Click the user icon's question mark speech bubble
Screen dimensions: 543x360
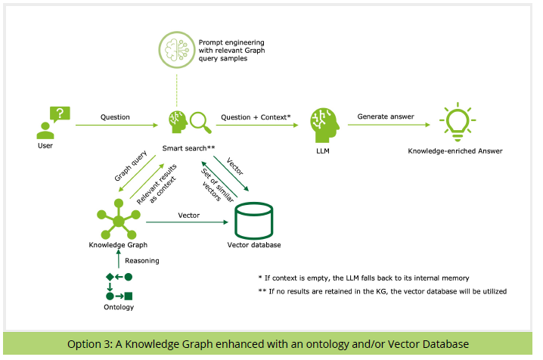click(60, 114)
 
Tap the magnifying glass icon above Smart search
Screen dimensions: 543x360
click(201, 123)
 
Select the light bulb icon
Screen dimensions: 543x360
click(458, 122)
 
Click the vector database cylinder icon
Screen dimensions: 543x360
click(254, 221)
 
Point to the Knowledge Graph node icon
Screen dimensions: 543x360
click(119, 219)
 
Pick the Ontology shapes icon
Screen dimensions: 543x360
click(119, 287)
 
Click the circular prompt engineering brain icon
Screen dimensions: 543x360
click(177, 50)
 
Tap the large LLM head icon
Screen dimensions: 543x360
click(324, 126)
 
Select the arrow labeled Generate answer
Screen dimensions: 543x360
click(389, 125)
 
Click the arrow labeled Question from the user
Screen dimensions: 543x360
click(116, 125)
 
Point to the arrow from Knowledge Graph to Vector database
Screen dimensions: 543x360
click(187, 222)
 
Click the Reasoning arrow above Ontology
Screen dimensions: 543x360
click(119, 259)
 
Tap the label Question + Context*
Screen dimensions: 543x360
click(256, 117)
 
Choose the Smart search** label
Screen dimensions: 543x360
click(188, 148)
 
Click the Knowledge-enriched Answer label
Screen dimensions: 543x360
click(455, 151)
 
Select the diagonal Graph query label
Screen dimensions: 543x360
click(131, 166)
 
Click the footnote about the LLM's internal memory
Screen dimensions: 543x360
click(364, 278)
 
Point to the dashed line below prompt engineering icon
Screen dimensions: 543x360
click(177, 87)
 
